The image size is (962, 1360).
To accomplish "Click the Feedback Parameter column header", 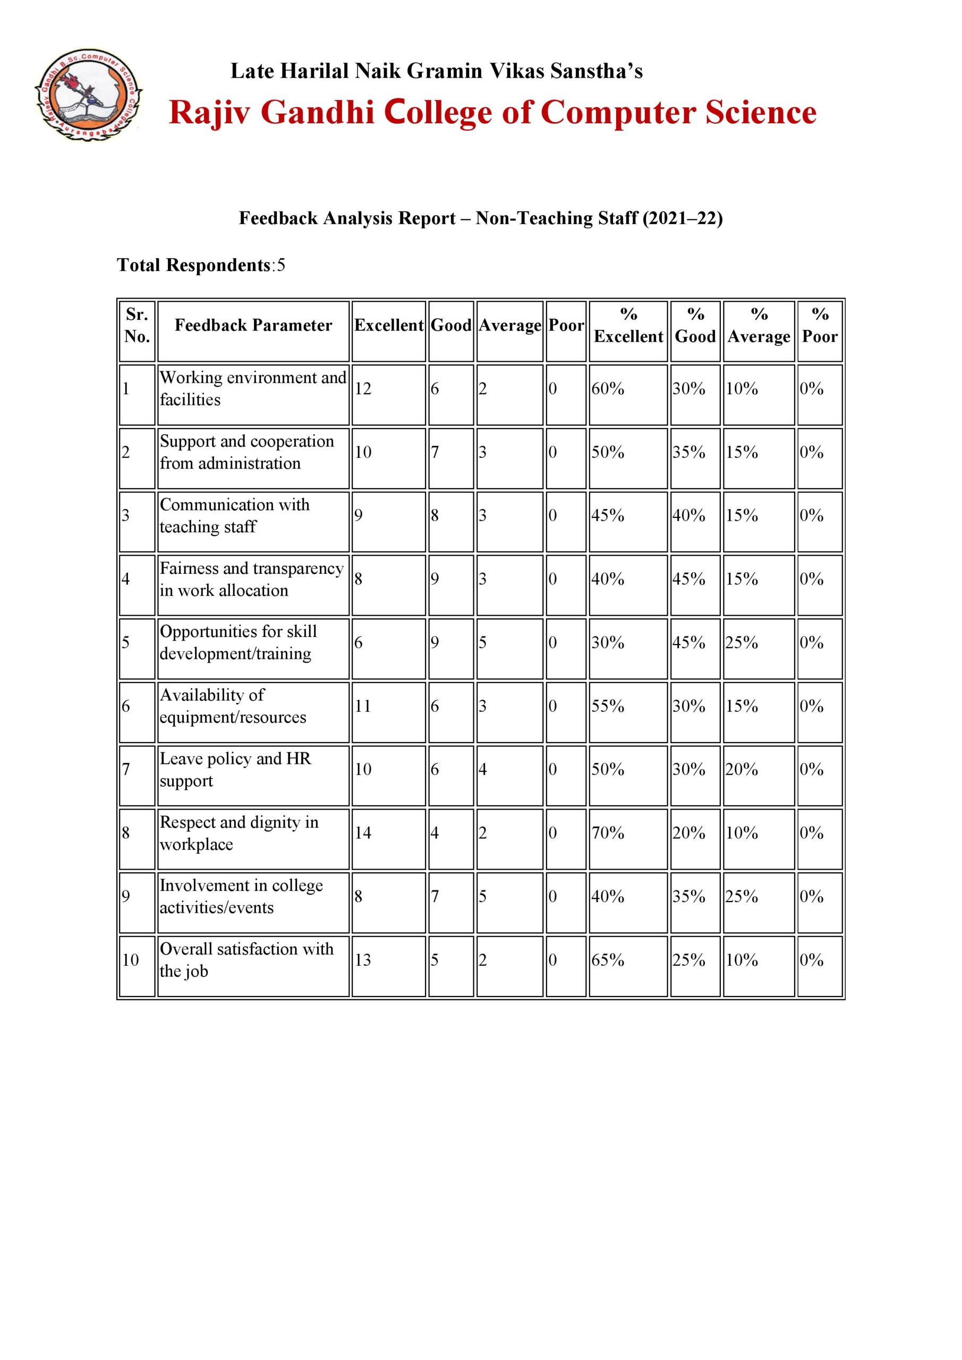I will coord(253,325).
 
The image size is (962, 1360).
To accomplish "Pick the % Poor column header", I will coord(819,325).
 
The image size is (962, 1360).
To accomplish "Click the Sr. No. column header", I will coord(137,325).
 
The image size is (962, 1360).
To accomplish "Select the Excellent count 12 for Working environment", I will coord(363,389).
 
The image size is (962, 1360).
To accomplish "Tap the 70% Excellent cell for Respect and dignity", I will coord(608,833).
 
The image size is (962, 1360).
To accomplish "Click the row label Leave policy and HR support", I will coord(235,769).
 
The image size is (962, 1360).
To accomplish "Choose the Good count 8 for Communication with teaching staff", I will coord(435,515).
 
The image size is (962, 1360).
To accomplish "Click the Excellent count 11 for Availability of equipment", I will coord(363,706).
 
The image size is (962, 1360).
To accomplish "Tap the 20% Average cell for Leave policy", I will coord(742,769).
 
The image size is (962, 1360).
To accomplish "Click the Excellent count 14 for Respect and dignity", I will coord(363,833).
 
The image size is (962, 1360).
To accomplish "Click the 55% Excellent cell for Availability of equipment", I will coord(608,706).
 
